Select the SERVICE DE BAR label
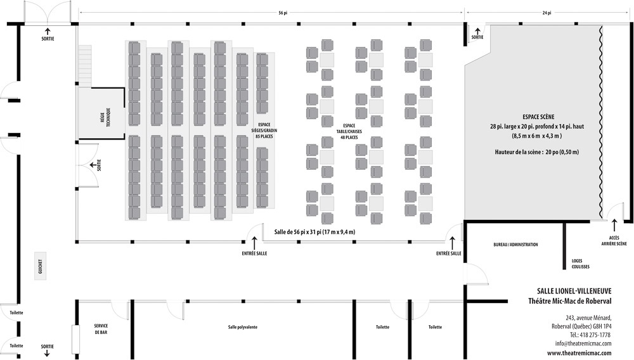coord(101,330)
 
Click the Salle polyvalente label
coord(243,327)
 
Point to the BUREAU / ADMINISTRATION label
coord(515,245)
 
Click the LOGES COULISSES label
coord(577,263)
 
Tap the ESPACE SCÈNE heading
coord(538,117)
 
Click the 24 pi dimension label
coord(547,13)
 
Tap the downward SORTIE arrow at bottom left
coord(47,352)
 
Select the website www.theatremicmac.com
coord(579,353)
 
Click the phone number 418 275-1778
coord(595,335)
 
